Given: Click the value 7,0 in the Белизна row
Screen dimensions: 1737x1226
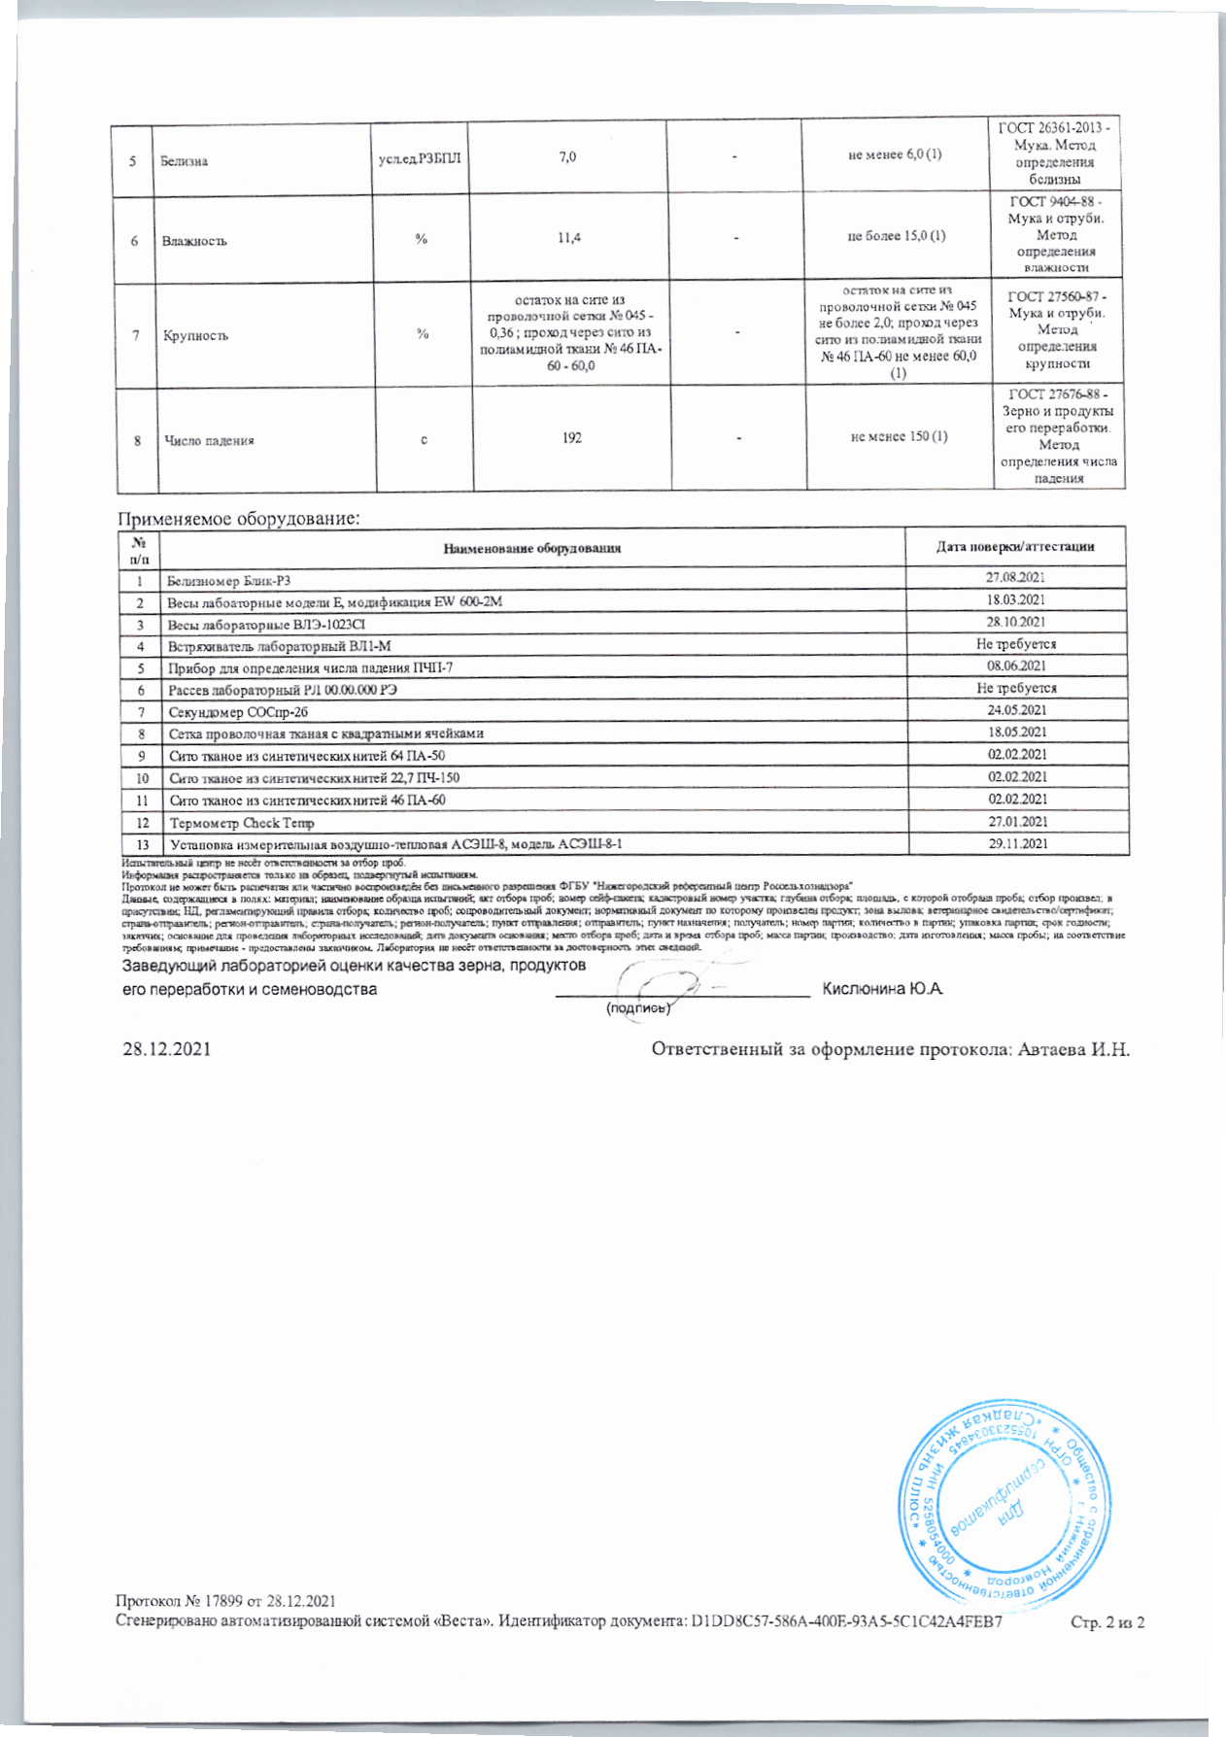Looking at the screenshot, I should point(567,156).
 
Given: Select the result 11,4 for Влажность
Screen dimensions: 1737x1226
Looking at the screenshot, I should point(569,238).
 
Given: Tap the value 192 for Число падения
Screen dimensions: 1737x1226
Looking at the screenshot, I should point(572,438).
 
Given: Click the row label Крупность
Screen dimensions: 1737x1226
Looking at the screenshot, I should point(196,336).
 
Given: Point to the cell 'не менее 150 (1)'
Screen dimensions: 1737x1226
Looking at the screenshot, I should point(899,436).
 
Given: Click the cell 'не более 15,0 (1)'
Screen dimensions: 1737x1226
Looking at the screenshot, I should point(897,235).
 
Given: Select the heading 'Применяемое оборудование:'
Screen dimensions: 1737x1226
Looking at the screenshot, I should point(239,519).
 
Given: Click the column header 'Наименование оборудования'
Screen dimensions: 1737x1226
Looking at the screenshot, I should point(531,548).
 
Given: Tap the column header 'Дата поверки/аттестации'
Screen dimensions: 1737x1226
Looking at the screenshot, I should point(1015,546).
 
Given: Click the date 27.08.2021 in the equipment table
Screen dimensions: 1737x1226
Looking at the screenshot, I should point(1015,578).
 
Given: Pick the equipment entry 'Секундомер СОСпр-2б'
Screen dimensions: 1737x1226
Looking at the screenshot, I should point(238,712).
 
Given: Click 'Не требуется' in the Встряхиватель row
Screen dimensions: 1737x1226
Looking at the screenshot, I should point(1016,644).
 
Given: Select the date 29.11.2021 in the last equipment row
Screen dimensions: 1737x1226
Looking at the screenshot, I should point(1018,843).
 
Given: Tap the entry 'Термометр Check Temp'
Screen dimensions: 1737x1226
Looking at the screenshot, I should point(242,823).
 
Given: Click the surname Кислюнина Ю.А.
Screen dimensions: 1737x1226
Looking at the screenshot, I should point(883,989).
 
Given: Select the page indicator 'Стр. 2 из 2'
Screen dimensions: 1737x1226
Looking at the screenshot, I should point(1107,1621).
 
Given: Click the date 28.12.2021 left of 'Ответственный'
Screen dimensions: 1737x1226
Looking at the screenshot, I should point(166,1049).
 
